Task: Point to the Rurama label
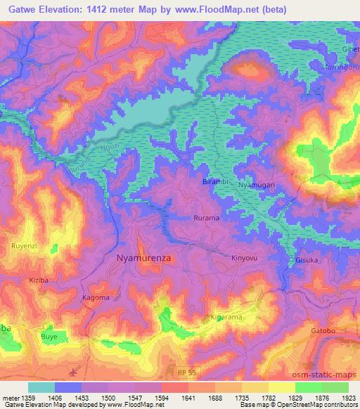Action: pos(207,219)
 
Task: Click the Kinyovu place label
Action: pos(245,258)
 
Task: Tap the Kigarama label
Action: pos(226,318)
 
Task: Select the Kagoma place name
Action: pos(96,297)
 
